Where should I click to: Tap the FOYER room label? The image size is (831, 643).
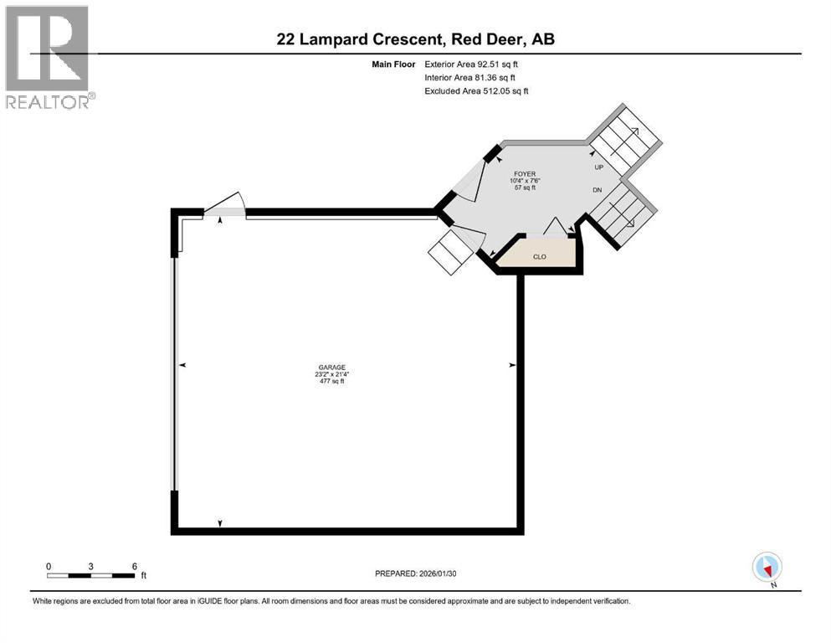click(525, 174)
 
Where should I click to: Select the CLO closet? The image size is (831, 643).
click(540, 256)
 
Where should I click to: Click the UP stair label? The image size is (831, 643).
click(598, 167)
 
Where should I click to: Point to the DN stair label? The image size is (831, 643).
click(597, 190)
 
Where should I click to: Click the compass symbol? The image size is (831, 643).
click(767, 567)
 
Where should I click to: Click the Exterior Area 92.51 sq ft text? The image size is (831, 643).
click(476, 64)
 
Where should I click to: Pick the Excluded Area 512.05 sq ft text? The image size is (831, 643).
click(476, 90)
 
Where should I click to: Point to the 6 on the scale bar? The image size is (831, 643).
click(134, 566)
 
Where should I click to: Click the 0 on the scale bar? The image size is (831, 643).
click(49, 566)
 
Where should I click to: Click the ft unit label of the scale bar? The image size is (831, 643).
click(143, 576)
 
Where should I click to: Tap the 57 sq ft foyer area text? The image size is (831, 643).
click(525, 188)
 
